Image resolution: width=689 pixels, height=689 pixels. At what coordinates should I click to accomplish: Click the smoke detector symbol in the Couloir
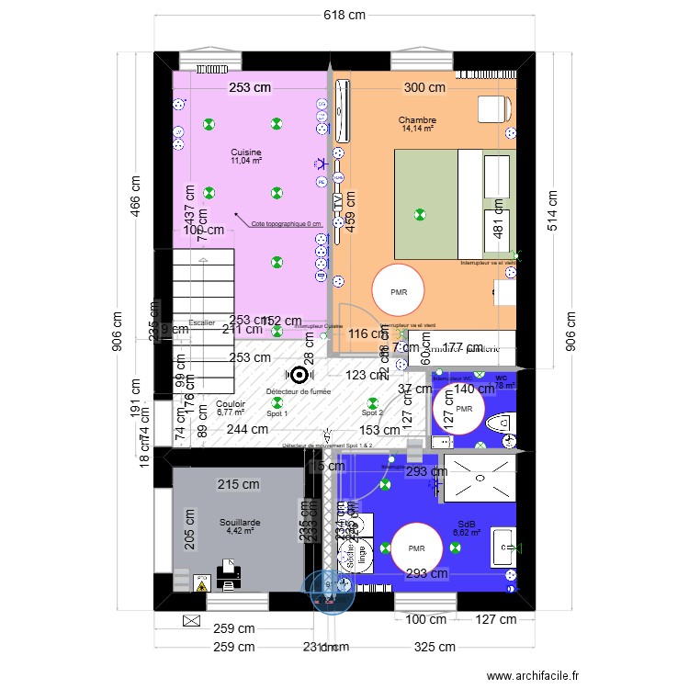(299, 375)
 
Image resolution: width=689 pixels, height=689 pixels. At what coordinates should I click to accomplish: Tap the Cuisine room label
(246, 152)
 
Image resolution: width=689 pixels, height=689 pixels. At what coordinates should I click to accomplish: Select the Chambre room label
(417, 120)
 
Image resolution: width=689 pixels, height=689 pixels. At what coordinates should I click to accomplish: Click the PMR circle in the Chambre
(399, 292)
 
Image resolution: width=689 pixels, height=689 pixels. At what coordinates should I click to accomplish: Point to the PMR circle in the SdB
(418, 549)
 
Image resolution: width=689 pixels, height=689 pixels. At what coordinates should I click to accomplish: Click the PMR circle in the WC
(464, 410)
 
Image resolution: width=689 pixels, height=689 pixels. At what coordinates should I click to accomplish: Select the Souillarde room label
(240, 523)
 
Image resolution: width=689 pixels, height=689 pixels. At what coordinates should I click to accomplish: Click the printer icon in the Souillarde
(229, 575)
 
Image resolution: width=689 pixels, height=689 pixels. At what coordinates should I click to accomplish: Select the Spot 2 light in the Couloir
(372, 401)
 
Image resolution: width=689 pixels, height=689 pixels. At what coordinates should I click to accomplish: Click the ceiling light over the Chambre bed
(420, 214)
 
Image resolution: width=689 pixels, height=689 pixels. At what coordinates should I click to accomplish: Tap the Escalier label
(201, 322)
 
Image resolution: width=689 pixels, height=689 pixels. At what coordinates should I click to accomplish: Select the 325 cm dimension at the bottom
(435, 647)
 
